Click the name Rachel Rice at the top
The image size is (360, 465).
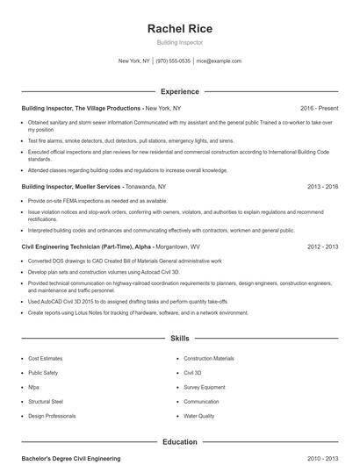click(179, 28)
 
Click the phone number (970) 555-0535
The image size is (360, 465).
click(173, 61)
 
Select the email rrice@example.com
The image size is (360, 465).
click(219, 61)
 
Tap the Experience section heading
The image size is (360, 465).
click(179, 91)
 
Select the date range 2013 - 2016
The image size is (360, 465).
click(323, 187)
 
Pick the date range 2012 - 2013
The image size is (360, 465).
click(323, 247)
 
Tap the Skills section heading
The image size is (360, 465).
click(179, 338)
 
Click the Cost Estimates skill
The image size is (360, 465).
click(46, 359)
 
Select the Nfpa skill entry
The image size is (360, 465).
click(33, 387)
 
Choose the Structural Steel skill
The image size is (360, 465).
click(46, 401)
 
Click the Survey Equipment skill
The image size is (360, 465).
click(205, 387)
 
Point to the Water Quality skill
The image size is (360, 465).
click(198, 416)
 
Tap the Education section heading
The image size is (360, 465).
click(179, 442)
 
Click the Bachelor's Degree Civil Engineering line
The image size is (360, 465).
click(70, 459)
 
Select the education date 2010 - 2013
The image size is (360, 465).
click(323, 459)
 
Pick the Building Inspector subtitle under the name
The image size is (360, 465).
click(179, 42)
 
